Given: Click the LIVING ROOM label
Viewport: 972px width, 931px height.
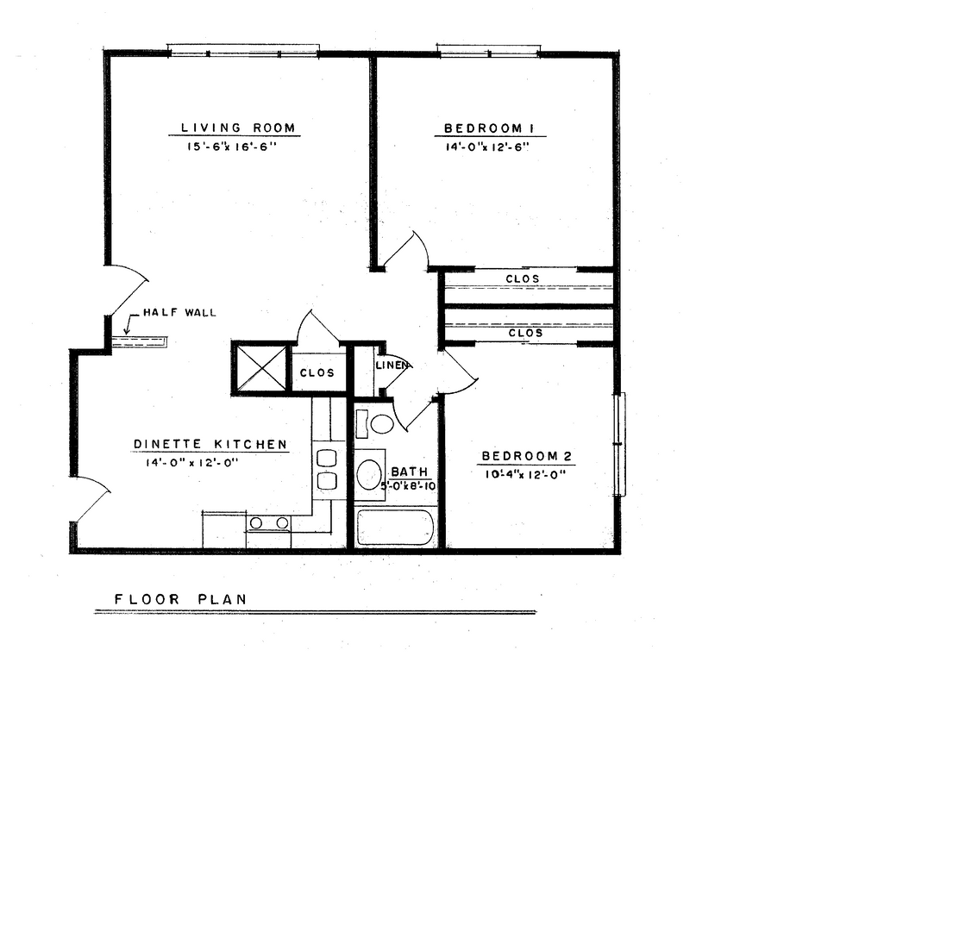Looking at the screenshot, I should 237,128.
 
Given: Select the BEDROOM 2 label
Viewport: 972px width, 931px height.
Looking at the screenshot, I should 526,457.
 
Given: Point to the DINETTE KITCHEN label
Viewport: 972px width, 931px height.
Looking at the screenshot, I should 210,445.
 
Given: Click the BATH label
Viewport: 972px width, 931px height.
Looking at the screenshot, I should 409,472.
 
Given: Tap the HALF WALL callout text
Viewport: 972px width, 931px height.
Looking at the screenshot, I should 179,313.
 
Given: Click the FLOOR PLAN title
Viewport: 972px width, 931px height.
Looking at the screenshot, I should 180,599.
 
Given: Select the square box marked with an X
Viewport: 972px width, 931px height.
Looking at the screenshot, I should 260,367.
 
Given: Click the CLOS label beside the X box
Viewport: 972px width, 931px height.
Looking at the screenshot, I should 317,373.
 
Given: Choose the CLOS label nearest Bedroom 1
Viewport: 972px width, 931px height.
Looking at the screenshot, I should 523,278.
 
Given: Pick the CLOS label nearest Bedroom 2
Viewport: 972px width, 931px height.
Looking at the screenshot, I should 525,333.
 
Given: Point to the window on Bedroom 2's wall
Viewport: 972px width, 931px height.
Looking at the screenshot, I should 619,444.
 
